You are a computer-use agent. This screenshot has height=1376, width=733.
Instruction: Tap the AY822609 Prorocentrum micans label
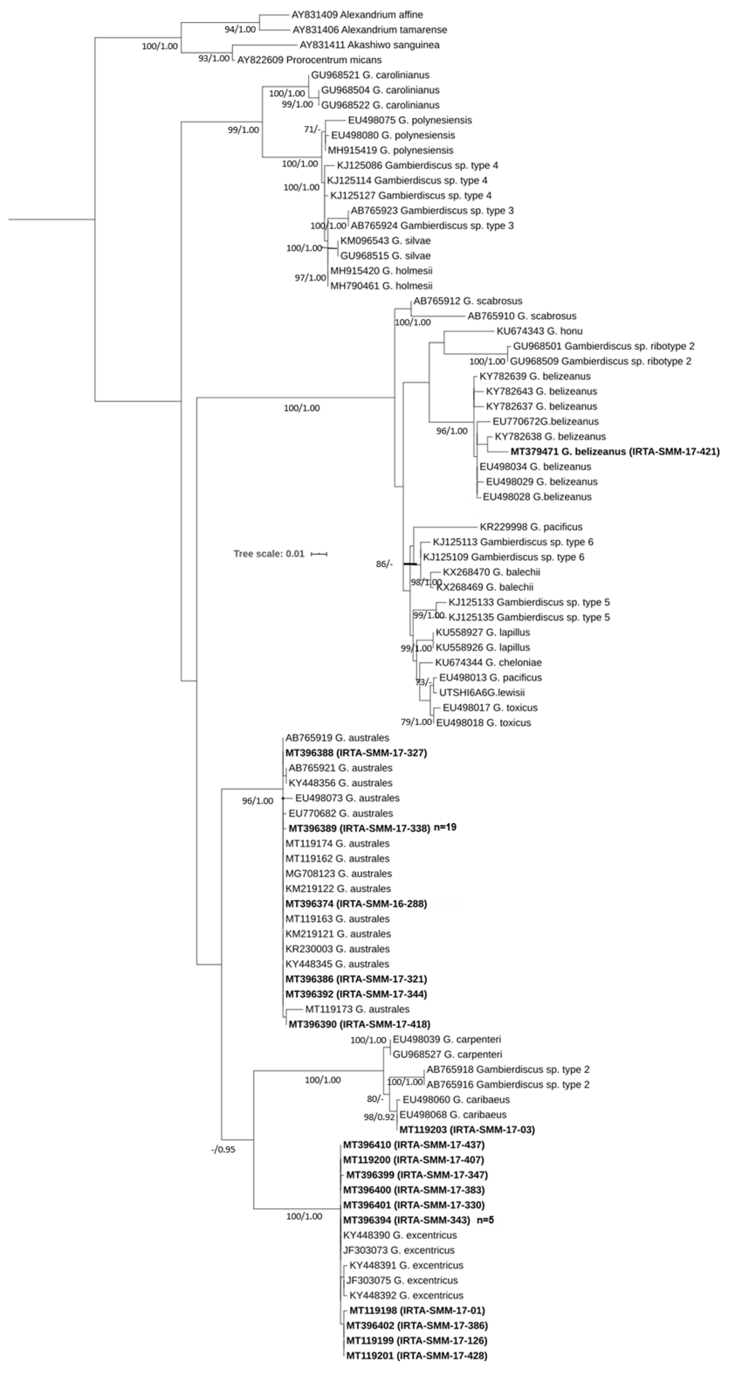[309, 60]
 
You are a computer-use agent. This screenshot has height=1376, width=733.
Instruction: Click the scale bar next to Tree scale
[319, 554]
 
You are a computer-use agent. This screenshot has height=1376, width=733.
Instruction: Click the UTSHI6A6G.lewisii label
[481, 692]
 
